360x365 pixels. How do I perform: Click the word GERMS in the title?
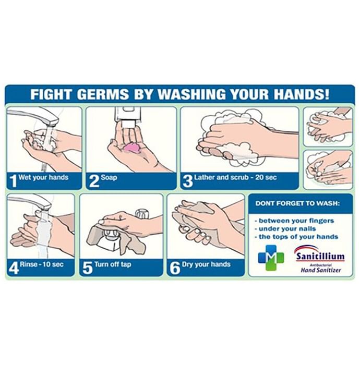click(x=103, y=94)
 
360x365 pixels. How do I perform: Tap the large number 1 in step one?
click(x=14, y=181)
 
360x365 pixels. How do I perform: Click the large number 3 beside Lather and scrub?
click(x=188, y=181)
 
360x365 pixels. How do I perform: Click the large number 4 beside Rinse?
click(x=14, y=268)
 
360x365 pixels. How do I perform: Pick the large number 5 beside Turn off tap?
click(x=88, y=268)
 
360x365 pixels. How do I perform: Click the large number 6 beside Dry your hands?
click(x=175, y=268)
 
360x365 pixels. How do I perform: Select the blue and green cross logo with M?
click(x=271, y=258)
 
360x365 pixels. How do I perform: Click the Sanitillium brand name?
click(x=320, y=257)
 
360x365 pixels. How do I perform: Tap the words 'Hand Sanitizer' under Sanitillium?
click(x=321, y=270)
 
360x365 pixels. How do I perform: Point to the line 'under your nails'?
click(x=285, y=229)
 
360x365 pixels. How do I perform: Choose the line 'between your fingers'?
click(x=294, y=221)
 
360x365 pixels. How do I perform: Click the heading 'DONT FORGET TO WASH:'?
click(x=297, y=203)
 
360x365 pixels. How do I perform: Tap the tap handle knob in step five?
click(x=142, y=214)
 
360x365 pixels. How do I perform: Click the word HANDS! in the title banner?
click(x=301, y=94)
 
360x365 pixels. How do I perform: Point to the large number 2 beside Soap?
click(x=94, y=181)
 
